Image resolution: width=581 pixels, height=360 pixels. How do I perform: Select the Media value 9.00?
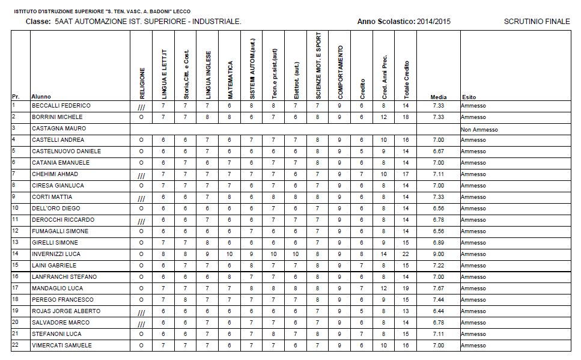click(x=438, y=254)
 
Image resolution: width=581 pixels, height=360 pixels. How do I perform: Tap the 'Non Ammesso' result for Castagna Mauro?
click(x=479, y=129)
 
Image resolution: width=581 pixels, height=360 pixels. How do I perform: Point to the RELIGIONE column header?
click(x=142, y=82)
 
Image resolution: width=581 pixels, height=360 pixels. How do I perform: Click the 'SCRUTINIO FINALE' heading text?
click(x=537, y=22)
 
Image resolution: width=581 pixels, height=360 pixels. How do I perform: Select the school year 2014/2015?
click(x=434, y=22)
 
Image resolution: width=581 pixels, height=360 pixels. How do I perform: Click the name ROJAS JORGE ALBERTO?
click(x=66, y=311)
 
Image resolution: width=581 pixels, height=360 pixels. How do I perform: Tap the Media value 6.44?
click(x=438, y=311)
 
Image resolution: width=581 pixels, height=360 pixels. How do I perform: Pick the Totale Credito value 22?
click(x=406, y=254)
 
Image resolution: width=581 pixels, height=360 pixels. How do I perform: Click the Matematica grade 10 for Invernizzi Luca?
click(x=229, y=254)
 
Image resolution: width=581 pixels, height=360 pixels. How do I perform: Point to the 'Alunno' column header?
click(x=41, y=97)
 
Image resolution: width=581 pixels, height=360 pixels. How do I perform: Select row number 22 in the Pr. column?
click(x=16, y=345)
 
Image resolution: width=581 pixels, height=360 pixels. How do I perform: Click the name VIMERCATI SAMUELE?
click(x=61, y=346)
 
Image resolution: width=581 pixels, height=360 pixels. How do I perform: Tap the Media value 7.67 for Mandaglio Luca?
click(x=438, y=288)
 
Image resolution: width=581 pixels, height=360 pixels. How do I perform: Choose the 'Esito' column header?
click(x=469, y=97)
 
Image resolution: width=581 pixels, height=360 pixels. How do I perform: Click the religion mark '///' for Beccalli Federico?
click(x=142, y=107)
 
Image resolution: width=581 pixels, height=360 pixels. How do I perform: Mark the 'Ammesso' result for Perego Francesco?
click(x=473, y=300)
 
